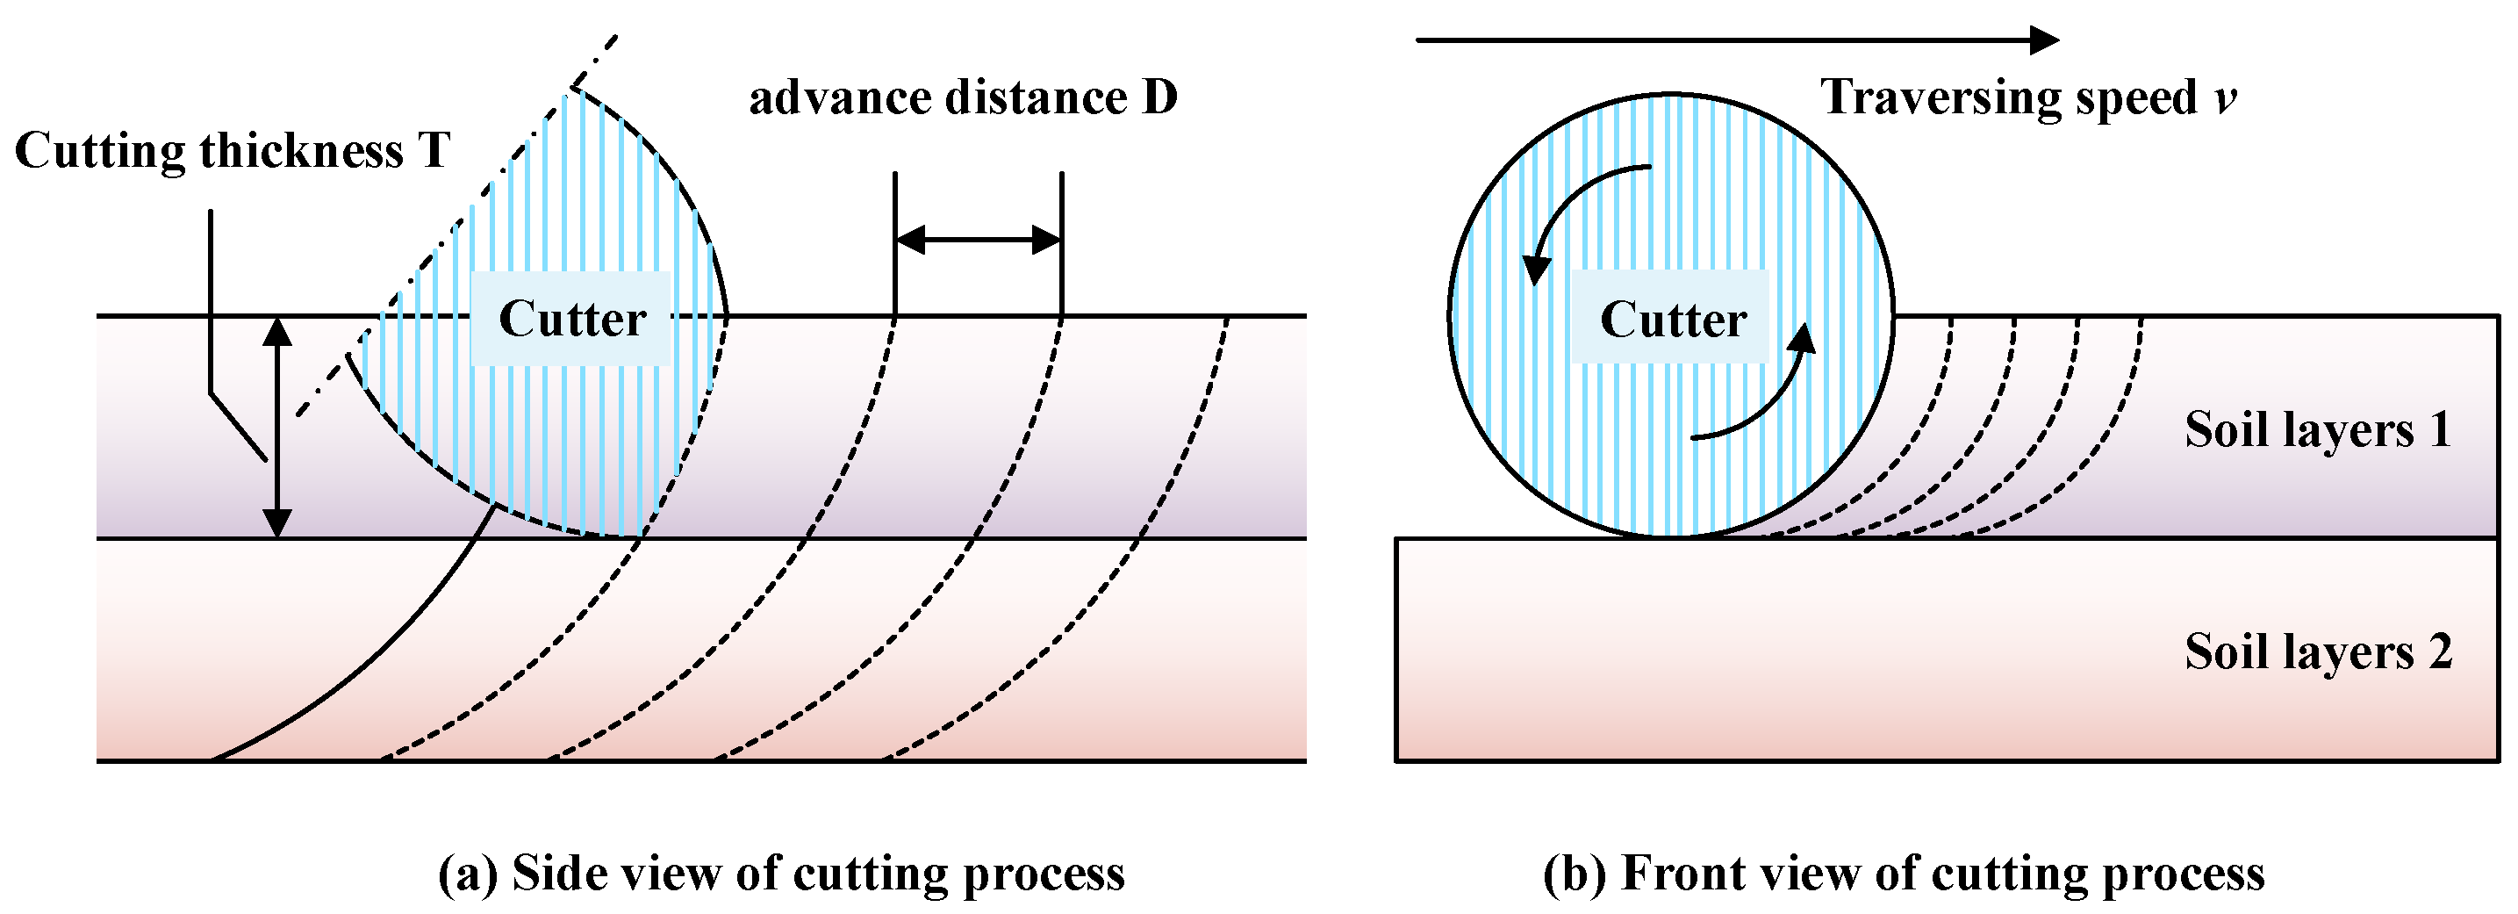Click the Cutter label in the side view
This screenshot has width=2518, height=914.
coord(572,319)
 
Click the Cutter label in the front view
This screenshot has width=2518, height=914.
coord(1673,319)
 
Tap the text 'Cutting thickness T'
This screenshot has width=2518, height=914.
coord(233,152)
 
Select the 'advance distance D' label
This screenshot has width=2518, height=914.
coord(963,97)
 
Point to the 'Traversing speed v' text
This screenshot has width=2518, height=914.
coord(2028,97)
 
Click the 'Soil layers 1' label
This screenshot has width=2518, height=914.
coord(2318,430)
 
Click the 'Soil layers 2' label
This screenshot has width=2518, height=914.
coord(2318,652)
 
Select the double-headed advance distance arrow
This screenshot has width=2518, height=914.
coord(978,240)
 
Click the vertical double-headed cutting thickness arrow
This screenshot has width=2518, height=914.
coord(277,428)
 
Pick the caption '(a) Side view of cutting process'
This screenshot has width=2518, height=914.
coord(781,873)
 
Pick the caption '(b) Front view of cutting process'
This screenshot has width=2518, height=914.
coord(1903,873)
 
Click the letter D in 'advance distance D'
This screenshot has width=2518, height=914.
coord(1159,97)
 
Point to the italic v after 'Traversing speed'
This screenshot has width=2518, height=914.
coord(2225,100)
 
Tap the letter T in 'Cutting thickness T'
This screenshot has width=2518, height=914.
coord(434,152)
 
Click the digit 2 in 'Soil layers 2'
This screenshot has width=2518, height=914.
coord(2440,652)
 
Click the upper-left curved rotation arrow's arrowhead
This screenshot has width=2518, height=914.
coord(1537,269)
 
